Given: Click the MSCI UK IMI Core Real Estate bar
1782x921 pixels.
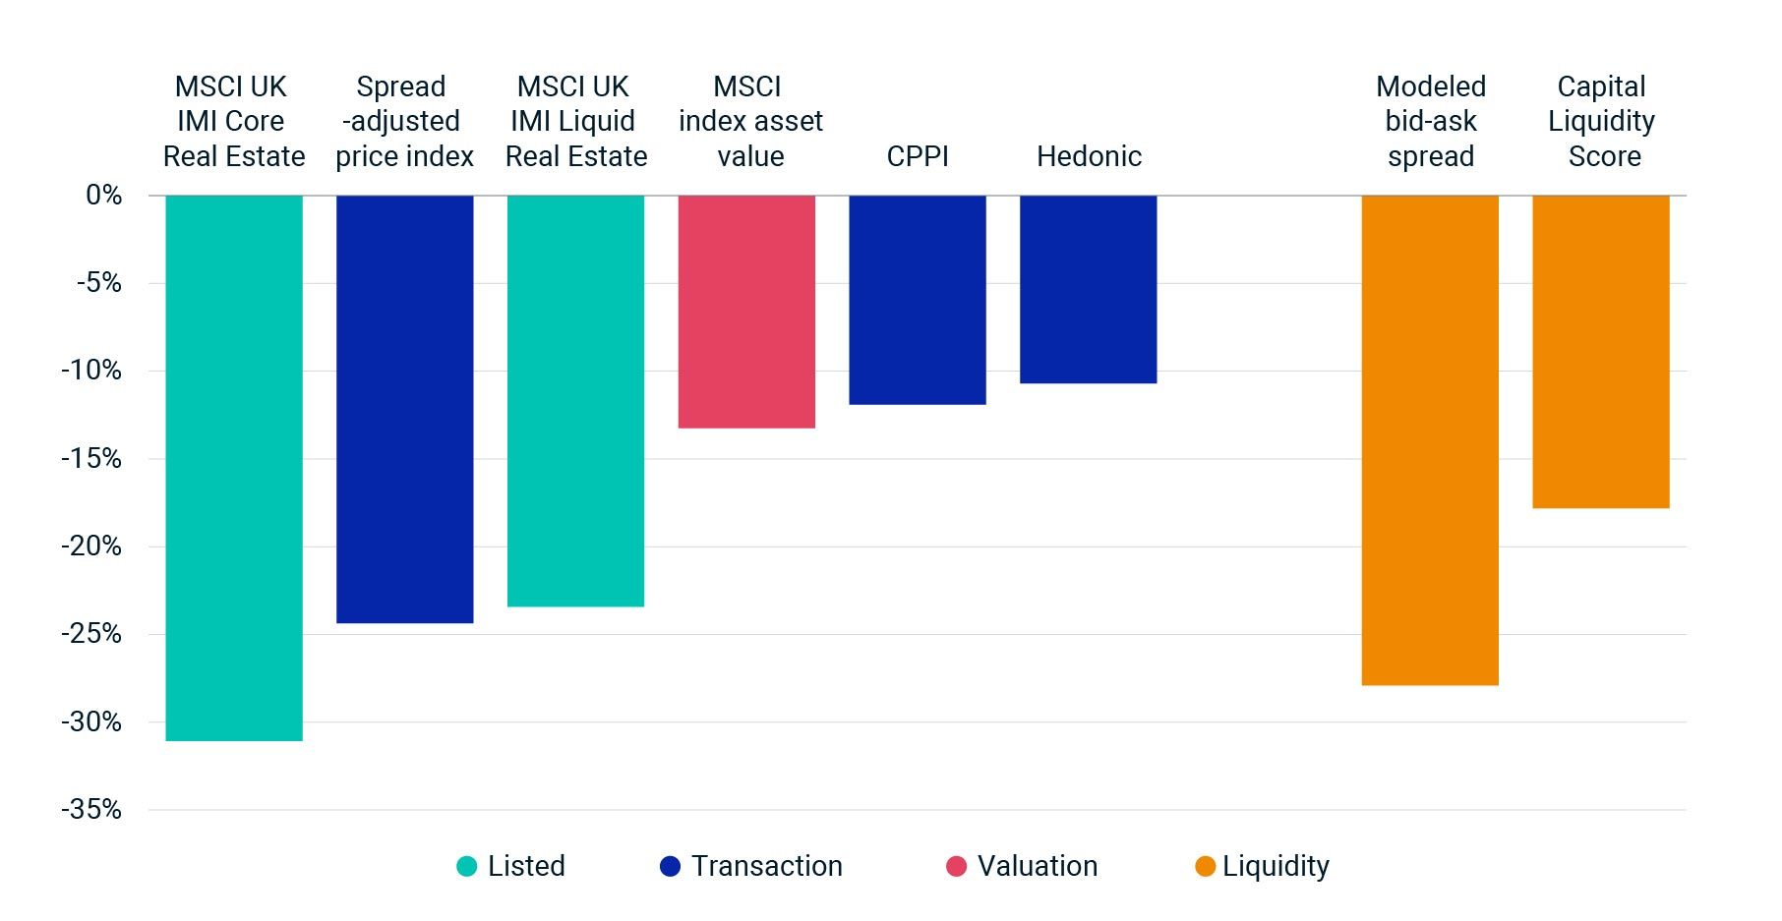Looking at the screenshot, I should (234, 467).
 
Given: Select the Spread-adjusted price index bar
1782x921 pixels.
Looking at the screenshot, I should (404, 408).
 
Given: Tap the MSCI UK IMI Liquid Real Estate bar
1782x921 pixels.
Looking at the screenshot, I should (575, 400).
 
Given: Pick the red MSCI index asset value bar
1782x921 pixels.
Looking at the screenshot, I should (746, 311).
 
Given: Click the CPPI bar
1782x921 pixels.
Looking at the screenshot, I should (918, 299).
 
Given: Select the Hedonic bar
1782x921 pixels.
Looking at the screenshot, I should (1088, 289).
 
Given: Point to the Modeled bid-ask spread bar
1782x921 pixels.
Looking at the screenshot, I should (1429, 439).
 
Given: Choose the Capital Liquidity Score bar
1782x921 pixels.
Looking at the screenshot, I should (1600, 351).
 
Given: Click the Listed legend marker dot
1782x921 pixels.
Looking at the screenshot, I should (467, 866).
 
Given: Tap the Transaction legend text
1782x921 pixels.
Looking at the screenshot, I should (766, 866).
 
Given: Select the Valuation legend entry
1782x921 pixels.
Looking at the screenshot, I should (1023, 866).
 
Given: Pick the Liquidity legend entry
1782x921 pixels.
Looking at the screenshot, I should (1263, 866).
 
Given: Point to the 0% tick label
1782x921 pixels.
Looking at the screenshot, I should (103, 195).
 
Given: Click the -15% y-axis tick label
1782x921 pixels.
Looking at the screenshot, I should (91, 459).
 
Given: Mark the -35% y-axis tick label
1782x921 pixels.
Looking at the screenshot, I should (91, 810).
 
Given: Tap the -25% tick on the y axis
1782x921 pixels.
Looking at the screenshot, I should (91, 634).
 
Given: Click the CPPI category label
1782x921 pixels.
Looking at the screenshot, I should (918, 156).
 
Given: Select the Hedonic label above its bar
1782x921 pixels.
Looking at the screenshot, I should (1089, 156).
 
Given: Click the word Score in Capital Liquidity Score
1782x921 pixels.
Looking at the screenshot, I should (1604, 156).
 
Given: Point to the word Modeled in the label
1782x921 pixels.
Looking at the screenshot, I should (1430, 86).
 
